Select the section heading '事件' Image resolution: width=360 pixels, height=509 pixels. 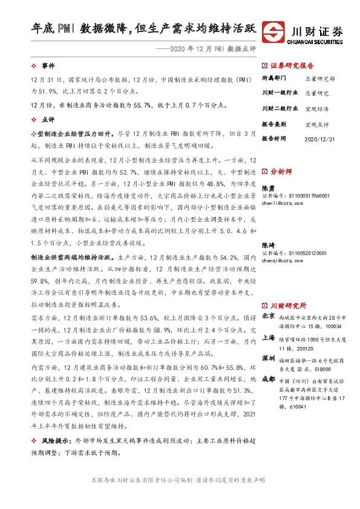47,65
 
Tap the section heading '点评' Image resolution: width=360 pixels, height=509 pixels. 47,120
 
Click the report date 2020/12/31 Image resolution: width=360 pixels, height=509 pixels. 320,138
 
